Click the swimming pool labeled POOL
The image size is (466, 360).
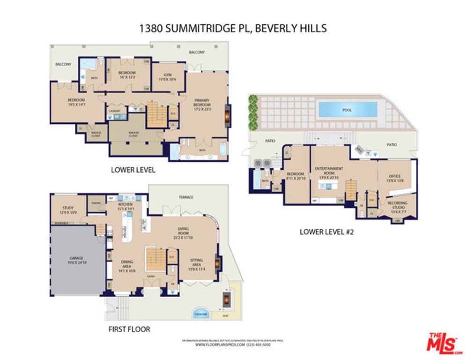point(348,110)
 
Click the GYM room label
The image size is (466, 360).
point(168,77)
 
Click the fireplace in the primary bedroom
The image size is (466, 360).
point(228,115)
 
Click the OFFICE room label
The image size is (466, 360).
point(395,178)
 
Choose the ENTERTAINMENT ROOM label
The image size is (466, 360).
point(329,171)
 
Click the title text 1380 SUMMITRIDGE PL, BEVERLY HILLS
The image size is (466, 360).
point(233,28)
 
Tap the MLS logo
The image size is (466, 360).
point(444,344)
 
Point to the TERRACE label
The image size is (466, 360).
point(186,197)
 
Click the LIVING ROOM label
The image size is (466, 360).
point(183,231)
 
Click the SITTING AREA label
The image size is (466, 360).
point(196,262)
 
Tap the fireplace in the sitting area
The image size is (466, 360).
point(217,264)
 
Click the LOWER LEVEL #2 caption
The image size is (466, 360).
point(326,231)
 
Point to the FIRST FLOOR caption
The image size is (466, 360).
point(129,329)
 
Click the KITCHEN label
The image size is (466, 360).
point(126,207)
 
